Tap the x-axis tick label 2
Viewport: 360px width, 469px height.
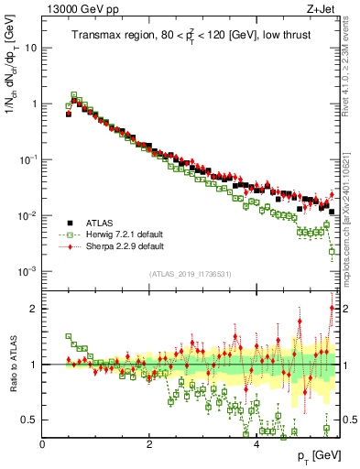149,443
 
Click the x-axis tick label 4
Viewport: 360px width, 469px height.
256,443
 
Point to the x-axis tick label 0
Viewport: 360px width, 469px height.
42,443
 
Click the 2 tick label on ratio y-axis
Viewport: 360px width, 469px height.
34,309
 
